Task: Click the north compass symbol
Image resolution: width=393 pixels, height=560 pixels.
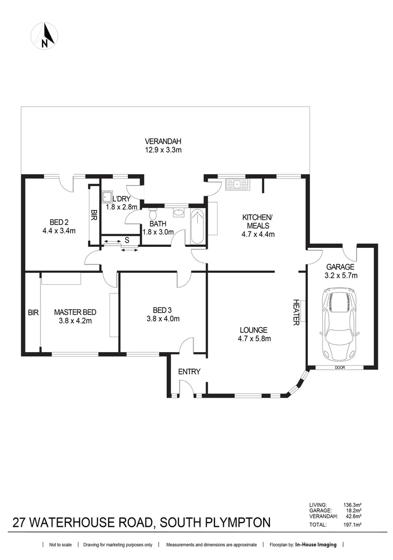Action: [x=44, y=37]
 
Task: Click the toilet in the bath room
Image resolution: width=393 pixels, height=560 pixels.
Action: [x=153, y=214]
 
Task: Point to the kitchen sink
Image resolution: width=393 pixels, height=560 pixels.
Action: [x=236, y=184]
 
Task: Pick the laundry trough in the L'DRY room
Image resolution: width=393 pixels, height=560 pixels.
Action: [x=106, y=198]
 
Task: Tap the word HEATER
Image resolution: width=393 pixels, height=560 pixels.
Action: [x=296, y=312]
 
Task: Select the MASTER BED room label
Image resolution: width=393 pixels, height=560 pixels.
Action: [x=75, y=312]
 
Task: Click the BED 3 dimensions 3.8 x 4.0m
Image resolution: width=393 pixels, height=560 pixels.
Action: [x=163, y=319]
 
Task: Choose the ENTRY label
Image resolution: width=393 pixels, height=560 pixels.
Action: [x=189, y=372]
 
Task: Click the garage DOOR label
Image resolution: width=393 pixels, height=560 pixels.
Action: [x=340, y=368]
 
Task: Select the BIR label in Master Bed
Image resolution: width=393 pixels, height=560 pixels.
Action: [x=33, y=313]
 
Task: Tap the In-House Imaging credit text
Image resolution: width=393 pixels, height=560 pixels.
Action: [x=316, y=545]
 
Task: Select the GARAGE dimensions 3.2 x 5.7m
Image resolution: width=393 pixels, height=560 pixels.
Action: [x=340, y=276]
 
